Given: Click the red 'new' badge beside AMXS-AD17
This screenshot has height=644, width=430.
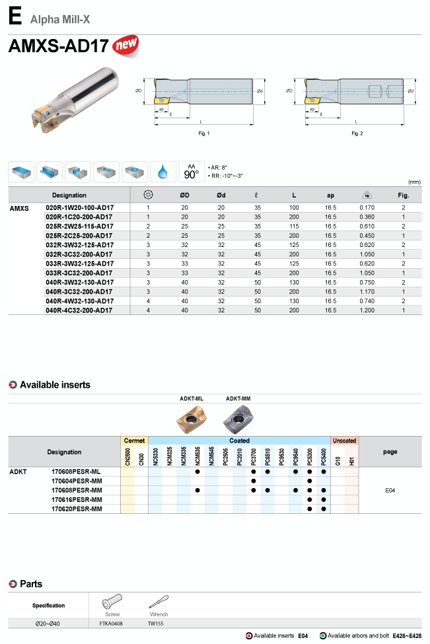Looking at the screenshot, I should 126,46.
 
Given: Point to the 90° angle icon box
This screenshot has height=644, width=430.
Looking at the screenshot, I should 192,172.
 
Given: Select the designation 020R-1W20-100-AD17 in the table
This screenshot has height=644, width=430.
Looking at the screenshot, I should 79,207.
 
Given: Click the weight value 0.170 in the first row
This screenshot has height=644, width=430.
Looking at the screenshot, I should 367,207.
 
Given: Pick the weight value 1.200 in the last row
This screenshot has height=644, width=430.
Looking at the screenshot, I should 367,310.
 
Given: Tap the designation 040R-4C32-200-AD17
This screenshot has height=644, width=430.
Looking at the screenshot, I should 79,310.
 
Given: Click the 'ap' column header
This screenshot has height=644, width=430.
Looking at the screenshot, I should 331,195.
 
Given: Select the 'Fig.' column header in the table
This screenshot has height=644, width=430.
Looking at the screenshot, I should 403,195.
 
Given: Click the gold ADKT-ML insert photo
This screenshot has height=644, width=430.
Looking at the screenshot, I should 191,418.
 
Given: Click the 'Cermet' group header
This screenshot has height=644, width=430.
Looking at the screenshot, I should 135,440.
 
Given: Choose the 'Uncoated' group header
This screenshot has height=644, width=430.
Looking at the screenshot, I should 344,440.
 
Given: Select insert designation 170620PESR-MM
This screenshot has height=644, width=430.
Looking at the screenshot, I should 77,509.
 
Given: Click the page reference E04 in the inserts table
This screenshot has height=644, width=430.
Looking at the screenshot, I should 390,491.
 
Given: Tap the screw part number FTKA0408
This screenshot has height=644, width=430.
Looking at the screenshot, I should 110,623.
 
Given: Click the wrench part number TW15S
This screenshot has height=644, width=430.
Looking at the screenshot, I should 157,623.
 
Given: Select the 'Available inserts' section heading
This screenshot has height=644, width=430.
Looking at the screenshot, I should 55,384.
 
